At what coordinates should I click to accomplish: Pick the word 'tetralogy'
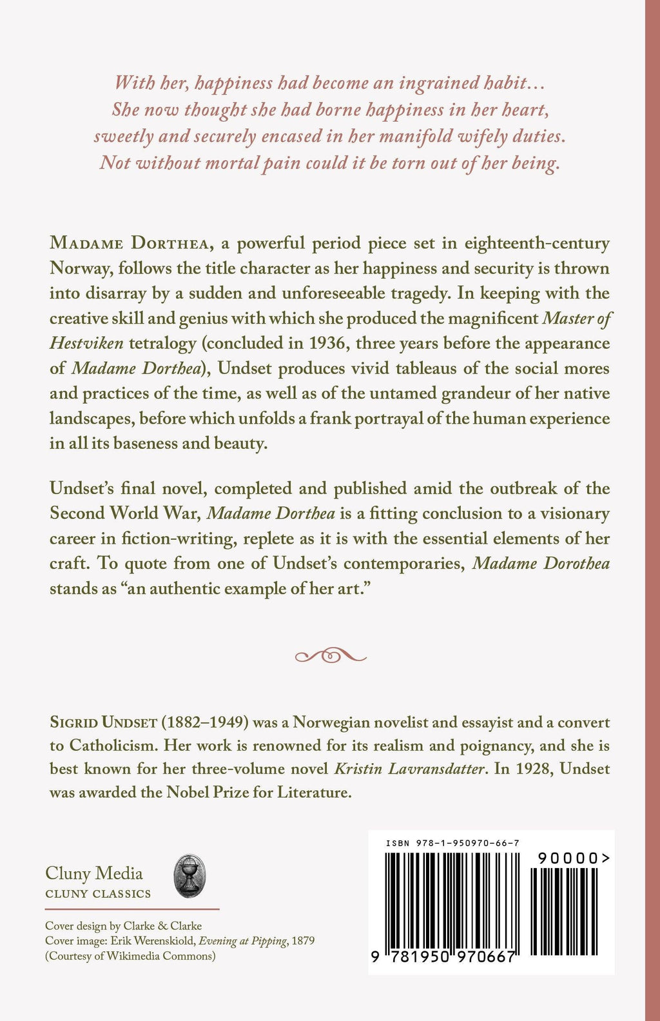point(162,343)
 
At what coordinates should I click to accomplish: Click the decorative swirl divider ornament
point(331,656)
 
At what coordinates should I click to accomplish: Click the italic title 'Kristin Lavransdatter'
point(408,769)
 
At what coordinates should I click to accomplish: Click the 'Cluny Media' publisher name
point(94,873)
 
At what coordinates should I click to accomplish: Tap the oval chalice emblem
point(189,877)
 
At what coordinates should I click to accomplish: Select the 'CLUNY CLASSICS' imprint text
point(98,894)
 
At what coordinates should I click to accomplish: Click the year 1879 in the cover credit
point(303,941)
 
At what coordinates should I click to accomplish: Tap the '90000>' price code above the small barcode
point(573,858)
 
